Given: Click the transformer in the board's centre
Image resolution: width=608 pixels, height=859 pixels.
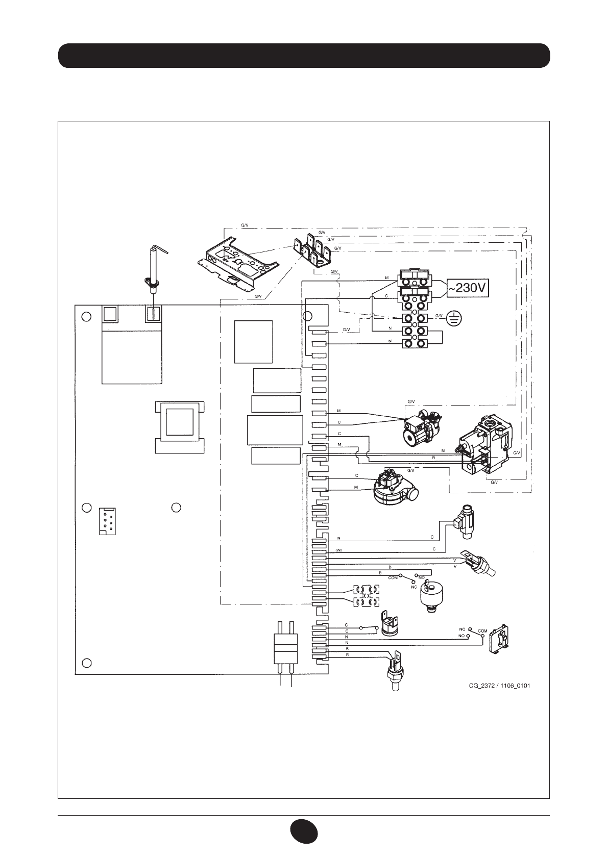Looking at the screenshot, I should [x=179, y=420].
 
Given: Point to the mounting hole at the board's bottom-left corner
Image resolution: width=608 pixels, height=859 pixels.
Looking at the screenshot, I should [x=87, y=663].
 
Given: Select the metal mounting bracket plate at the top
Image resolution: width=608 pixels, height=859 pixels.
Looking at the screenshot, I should [x=239, y=260].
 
